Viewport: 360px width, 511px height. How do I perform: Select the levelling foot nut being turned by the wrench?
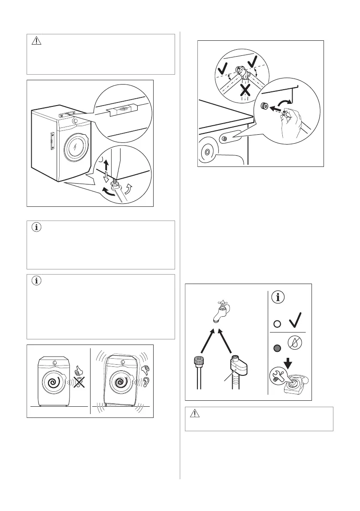tap(115, 185)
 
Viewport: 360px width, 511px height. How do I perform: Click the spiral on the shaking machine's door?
tap(122, 381)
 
